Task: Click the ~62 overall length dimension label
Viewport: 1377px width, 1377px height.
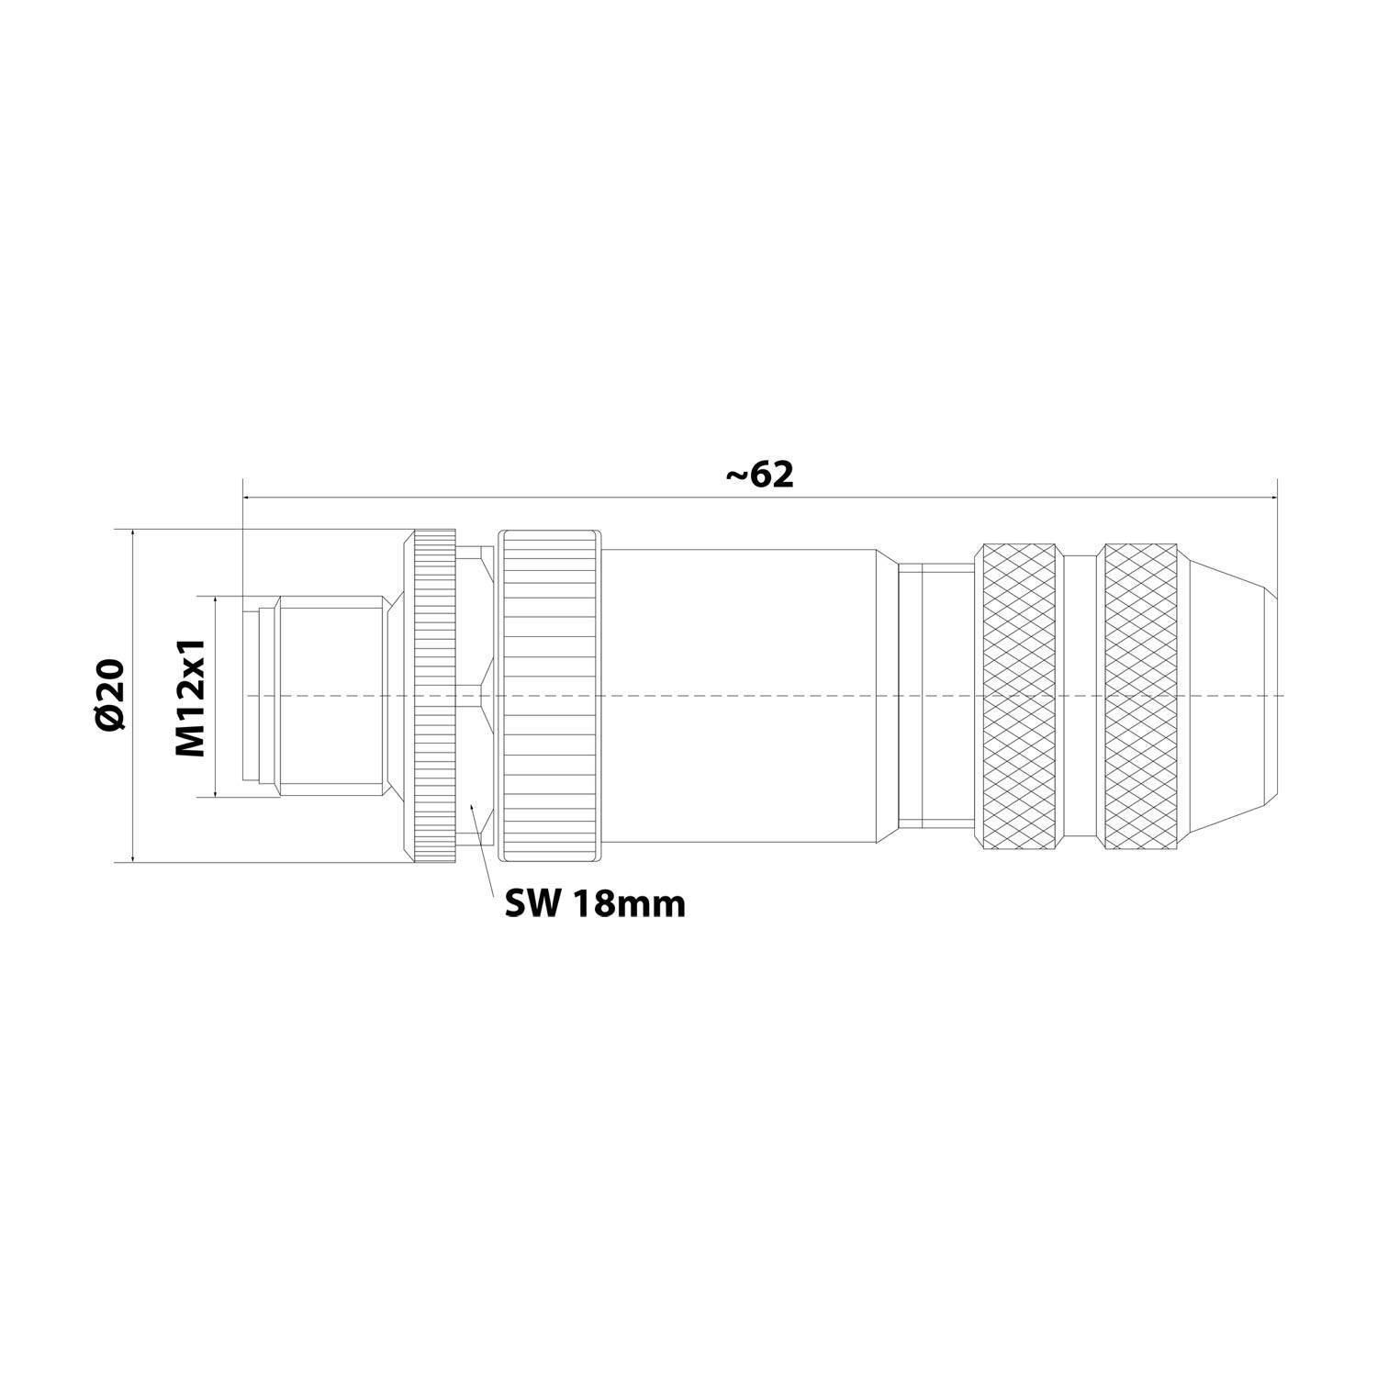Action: [x=759, y=475]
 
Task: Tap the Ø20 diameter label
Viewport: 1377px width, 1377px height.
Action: [x=110, y=695]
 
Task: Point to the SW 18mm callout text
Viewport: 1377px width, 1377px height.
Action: [x=595, y=905]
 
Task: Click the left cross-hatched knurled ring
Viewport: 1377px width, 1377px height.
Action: [x=1019, y=695]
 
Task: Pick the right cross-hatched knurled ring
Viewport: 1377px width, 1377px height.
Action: [x=1141, y=695]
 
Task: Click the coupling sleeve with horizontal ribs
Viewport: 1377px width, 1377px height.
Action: [x=549, y=695]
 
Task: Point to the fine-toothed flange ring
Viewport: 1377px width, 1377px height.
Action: [x=434, y=695]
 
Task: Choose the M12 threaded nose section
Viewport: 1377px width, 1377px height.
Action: [x=330, y=695]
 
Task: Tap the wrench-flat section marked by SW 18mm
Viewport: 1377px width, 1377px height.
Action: [x=475, y=695]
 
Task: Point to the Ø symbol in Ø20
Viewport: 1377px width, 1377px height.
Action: [x=110, y=719]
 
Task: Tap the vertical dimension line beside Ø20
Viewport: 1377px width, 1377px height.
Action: [x=134, y=695]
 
